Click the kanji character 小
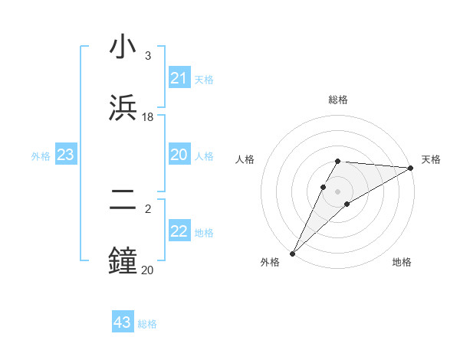123,48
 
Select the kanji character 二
123,201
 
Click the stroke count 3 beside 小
147,56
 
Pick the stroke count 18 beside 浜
148,116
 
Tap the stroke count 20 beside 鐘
147,269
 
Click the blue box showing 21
179,78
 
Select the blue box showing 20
179,155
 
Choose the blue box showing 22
179,231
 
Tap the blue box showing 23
65,155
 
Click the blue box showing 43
123,322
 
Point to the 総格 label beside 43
148,324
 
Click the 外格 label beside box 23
41,156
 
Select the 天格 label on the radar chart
431,159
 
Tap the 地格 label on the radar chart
402,262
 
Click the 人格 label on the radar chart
245,159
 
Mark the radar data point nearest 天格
411,168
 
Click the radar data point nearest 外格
292,254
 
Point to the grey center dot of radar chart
337,191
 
